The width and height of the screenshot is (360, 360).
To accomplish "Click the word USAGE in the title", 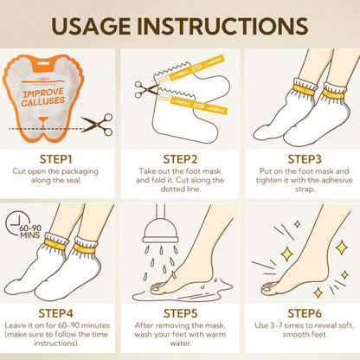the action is click(x=91, y=26).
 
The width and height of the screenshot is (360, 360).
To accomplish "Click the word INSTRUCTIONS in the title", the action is click(x=222, y=26).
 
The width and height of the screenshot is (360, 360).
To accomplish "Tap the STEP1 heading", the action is click(x=55, y=159).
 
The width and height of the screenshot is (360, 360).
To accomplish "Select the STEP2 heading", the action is click(x=180, y=159).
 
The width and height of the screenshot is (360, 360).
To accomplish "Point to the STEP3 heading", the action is click(x=305, y=159).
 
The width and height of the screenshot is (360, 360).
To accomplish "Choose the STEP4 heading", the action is click(x=55, y=313).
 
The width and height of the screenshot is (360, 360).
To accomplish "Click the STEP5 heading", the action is click(x=180, y=313).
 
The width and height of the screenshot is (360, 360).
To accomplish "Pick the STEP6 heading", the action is click(x=305, y=313).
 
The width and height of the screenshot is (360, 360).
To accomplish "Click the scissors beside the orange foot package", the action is click(x=97, y=125).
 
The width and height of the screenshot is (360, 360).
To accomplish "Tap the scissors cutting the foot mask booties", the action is click(x=145, y=90).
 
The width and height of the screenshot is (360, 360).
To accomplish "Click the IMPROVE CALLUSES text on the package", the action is click(x=43, y=97).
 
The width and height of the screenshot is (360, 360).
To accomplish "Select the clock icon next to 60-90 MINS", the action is click(x=16, y=223).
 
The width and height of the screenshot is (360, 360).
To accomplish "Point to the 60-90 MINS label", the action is click(x=30, y=232).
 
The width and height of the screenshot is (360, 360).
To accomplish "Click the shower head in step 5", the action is click(x=161, y=232).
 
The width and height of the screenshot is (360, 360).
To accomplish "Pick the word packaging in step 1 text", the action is click(x=80, y=171).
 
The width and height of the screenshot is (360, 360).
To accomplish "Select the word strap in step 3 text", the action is click(x=305, y=190).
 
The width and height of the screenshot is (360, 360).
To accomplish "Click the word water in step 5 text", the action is click(x=180, y=344).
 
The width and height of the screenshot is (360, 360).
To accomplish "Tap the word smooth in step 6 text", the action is click(x=292, y=335).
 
